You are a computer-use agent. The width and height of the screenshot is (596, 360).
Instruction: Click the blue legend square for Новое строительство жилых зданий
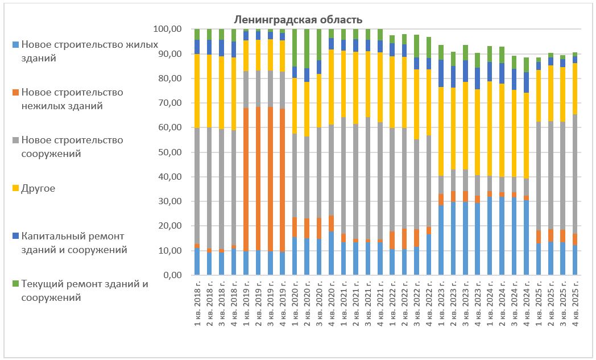pos(15,44)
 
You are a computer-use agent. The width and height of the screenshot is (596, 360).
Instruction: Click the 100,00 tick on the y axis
pos(168,29)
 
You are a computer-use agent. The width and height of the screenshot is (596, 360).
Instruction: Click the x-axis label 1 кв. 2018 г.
pos(197,305)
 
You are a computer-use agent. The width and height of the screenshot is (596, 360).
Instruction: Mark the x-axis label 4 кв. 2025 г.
pos(575,305)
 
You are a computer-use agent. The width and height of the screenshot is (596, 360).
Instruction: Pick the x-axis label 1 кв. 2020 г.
pos(295,305)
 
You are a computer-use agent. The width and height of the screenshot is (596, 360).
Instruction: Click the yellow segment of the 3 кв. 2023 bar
pos(465,126)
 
